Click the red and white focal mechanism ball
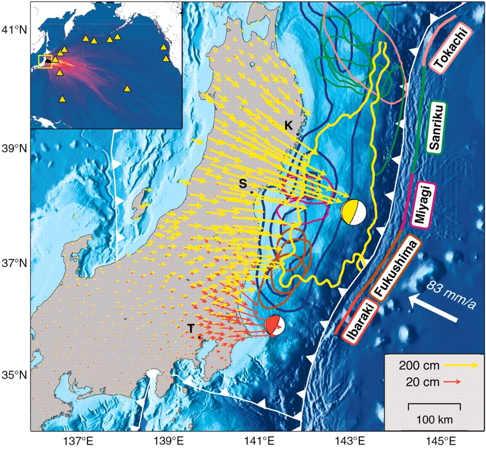point(275,325)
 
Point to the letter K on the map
point(288,125)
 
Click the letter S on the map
point(242,183)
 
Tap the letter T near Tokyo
point(190,329)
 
